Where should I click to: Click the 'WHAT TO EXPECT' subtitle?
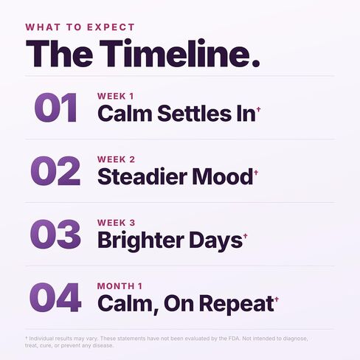(x=80, y=27)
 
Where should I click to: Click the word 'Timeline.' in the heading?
(x=180, y=53)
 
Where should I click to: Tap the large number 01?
(x=56, y=108)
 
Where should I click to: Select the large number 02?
(x=55, y=170)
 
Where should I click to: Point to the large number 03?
(x=55, y=234)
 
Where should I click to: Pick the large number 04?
(x=55, y=297)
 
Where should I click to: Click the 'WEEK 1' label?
(x=116, y=96)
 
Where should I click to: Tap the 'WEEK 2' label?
(x=116, y=159)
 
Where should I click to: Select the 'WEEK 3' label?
(x=116, y=223)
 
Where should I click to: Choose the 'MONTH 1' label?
(x=120, y=286)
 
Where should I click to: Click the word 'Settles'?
(x=195, y=114)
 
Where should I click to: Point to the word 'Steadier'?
(x=142, y=176)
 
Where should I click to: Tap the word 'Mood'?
(x=223, y=176)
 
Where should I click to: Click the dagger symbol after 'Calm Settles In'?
(x=258, y=109)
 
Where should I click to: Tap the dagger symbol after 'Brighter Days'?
(x=246, y=236)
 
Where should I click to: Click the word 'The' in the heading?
(x=60, y=53)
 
